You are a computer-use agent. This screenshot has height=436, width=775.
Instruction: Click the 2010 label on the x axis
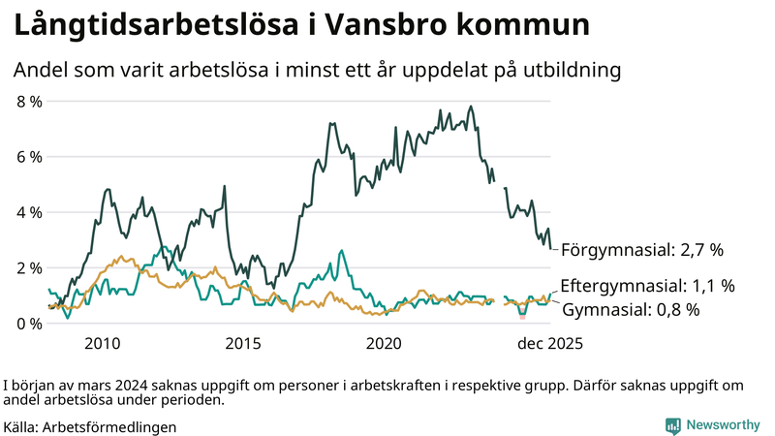coord(102,343)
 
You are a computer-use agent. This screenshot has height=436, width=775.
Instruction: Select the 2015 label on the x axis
coord(243,343)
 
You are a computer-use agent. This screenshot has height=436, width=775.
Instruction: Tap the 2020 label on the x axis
coord(384,343)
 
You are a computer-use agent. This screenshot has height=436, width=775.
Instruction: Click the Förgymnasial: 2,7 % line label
coord(642,250)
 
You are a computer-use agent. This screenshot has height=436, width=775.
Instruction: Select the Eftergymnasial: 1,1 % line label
coord(647,286)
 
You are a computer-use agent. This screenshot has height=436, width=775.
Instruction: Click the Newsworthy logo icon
coord(672,425)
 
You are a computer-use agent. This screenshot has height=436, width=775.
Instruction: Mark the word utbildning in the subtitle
coord(568,71)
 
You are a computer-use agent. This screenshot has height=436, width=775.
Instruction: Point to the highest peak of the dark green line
coord(471,107)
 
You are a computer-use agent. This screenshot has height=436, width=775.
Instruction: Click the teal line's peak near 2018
coord(341,251)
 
